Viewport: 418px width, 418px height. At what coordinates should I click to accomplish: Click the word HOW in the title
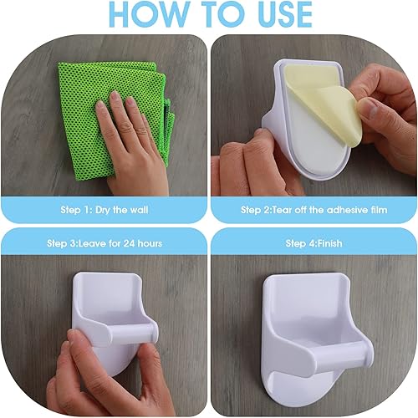click(150, 14)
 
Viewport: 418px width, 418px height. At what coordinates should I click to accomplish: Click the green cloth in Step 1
click(111, 120)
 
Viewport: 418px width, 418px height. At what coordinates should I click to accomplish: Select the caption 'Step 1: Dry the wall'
click(104, 210)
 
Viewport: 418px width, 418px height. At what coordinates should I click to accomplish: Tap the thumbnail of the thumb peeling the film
click(367, 108)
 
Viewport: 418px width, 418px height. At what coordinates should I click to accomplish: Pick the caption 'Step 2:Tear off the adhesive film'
click(314, 210)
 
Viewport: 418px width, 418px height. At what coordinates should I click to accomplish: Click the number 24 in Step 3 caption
click(129, 243)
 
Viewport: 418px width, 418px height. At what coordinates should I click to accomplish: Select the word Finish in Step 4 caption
click(329, 243)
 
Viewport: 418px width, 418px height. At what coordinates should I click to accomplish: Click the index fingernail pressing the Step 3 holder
click(72, 335)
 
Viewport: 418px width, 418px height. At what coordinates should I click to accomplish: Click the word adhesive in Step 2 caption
click(347, 210)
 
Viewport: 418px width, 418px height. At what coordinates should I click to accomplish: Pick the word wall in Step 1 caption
click(139, 210)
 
